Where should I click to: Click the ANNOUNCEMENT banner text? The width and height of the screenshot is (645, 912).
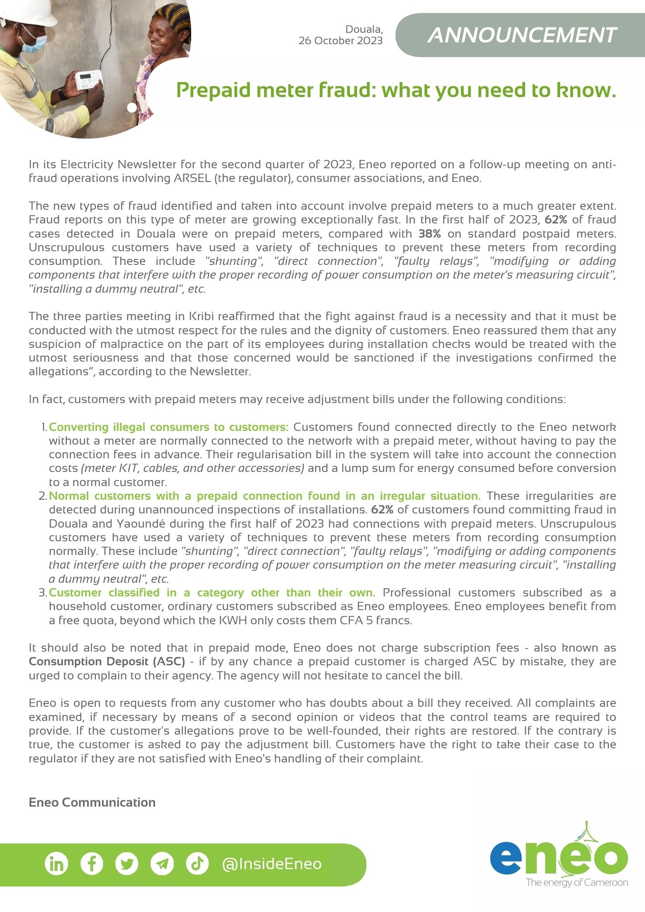tap(522, 36)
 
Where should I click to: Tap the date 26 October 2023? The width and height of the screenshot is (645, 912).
tap(340, 41)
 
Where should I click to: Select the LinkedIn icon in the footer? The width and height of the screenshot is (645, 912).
tap(57, 864)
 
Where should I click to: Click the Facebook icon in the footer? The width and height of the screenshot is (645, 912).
tap(92, 864)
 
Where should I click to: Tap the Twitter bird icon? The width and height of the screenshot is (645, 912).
tap(127, 864)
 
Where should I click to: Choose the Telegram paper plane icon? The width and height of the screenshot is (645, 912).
tap(162, 864)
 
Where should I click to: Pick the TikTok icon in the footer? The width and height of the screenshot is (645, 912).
tap(198, 864)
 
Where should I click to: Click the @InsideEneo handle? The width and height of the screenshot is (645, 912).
tap(271, 864)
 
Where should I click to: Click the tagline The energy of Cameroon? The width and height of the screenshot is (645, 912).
tap(577, 882)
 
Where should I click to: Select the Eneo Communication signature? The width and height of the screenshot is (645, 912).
tap(92, 803)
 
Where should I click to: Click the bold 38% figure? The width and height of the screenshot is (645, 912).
tap(430, 234)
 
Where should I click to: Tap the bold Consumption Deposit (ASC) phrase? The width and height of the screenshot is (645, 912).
tap(107, 662)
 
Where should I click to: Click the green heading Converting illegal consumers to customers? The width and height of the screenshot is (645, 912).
tap(168, 427)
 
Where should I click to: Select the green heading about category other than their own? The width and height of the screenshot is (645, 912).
tap(212, 593)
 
